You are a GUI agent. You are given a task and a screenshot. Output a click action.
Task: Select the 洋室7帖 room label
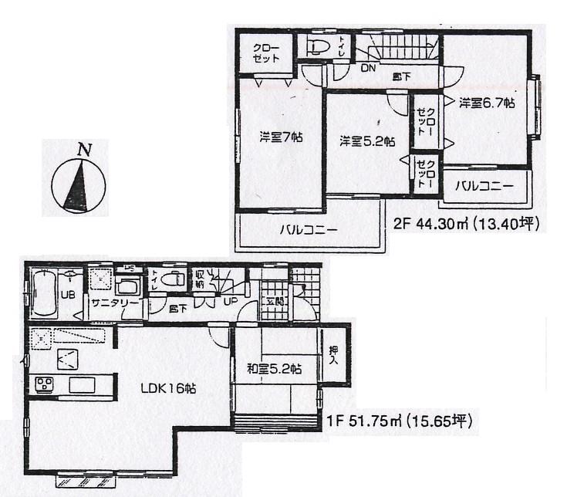coord(280,137)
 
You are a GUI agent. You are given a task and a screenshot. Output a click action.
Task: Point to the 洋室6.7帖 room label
coord(488,103)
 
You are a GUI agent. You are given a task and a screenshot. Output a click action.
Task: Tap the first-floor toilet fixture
coord(175,281)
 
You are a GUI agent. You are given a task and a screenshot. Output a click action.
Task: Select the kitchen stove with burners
coord(43,384)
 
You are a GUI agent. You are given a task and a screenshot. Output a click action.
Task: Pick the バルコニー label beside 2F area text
coord(483,186)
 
